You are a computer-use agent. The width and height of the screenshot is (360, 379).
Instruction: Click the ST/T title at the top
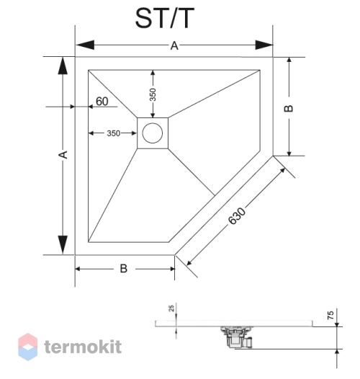point(165,18)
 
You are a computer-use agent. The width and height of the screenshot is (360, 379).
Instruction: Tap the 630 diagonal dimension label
point(237,216)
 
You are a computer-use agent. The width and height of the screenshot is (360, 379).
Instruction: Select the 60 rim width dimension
point(102,102)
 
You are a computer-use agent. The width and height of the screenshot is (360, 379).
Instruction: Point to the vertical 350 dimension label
point(153,94)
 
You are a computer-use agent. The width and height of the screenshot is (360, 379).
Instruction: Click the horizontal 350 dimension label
point(114,133)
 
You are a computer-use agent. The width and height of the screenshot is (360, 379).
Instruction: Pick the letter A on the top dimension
point(174,45)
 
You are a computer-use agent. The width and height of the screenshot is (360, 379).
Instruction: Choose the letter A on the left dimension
point(63,155)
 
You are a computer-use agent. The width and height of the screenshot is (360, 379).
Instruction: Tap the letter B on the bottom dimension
point(124,269)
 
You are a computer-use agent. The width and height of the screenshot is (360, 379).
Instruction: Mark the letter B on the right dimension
point(288,109)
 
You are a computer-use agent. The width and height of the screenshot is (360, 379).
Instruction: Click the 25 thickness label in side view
point(171,308)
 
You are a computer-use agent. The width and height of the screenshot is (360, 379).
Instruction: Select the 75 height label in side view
point(330,315)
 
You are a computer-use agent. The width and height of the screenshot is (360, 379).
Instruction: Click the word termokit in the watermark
point(83,347)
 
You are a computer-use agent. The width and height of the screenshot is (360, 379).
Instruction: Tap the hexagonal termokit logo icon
point(28,347)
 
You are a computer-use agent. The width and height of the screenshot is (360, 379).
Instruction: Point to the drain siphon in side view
point(236,337)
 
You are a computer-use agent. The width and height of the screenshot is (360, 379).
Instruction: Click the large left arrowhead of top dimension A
point(85,45)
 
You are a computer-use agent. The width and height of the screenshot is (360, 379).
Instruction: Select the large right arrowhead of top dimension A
point(264,45)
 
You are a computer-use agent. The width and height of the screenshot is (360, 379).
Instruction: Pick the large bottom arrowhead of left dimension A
point(63,244)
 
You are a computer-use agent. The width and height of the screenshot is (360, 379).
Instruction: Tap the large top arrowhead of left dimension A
point(63,66)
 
